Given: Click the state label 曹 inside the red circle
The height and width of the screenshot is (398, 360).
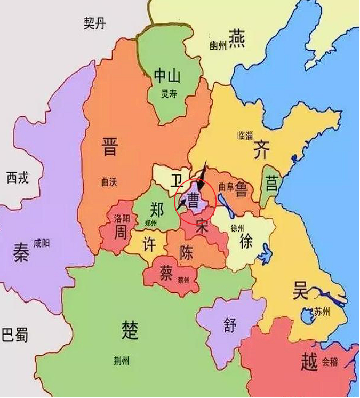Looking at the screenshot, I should [193, 201].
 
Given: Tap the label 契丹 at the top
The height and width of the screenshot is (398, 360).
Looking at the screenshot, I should [95, 22].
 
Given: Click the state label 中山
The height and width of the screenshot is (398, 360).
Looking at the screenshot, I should [168, 76].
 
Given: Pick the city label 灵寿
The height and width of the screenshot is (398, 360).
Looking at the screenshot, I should [169, 95].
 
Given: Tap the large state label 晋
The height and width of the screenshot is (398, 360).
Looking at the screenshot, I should [109, 146].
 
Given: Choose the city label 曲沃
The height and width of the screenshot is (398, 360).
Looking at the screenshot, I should [108, 182].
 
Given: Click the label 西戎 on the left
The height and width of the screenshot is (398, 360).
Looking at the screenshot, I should [18, 177].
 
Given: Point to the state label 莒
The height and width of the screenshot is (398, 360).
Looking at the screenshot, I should [271, 184].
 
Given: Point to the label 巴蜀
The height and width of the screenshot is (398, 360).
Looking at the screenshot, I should [15, 336].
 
